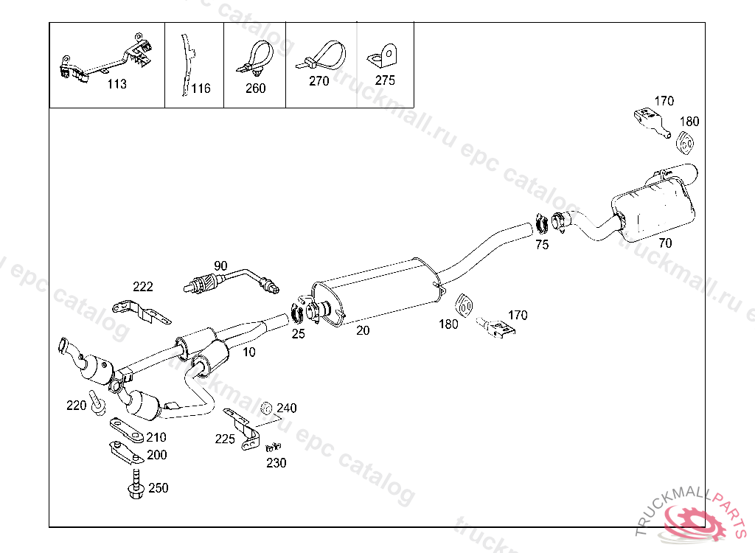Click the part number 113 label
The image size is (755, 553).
click(116, 84)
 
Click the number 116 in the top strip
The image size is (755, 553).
click(201, 88)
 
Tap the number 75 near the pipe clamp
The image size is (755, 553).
click(542, 246)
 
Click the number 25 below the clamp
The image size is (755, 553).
click(298, 334)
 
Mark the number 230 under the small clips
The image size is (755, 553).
click(276, 463)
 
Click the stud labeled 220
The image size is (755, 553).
click(96, 403)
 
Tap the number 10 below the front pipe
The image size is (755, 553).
click(249, 352)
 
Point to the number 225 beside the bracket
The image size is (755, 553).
click(225, 439)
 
